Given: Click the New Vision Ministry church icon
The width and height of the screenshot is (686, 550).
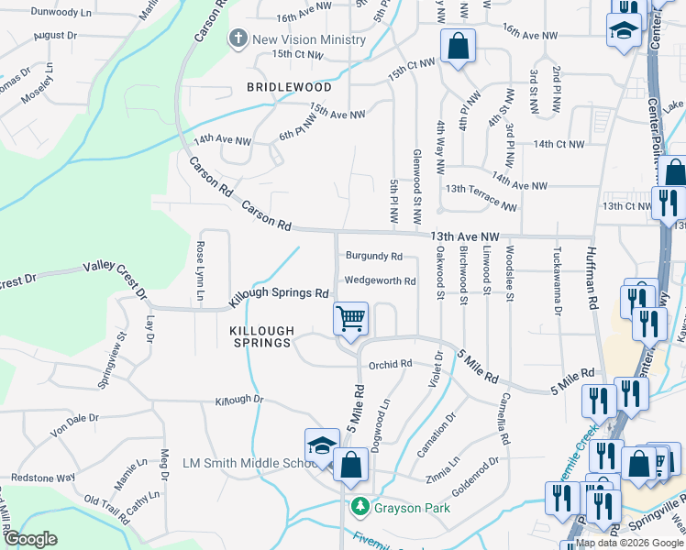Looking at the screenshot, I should pyautogui.click(x=238, y=38).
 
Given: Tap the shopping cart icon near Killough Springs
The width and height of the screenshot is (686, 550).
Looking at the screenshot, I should pyautogui.click(x=350, y=319).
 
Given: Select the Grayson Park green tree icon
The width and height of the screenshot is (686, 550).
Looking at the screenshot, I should pyautogui.click(x=360, y=506).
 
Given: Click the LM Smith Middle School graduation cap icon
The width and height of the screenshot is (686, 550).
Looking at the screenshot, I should pyautogui.click(x=322, y=445).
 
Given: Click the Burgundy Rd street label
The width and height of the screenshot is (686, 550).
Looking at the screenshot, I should pyautogui.click(x=373, y=256).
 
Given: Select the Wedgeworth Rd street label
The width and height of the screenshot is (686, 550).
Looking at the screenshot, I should pyautogui.click(x=380, y=280).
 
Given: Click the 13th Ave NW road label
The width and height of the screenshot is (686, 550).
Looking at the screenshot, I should pyautogui.click(x=464, y=236).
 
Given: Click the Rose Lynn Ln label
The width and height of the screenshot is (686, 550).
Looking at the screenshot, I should pyautogui.click(x=199, y=270).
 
